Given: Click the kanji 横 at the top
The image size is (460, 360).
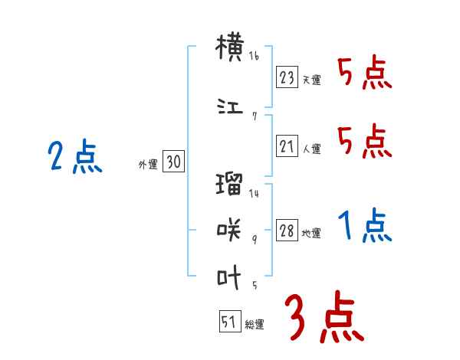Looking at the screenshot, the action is point(229,48).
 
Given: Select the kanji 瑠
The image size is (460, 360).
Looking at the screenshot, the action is point(229,185).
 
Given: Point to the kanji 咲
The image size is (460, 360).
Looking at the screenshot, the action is point(229,227).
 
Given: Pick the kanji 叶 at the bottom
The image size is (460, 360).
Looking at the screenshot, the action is point(229,277).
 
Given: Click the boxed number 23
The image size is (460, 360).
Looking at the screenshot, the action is point(287,77).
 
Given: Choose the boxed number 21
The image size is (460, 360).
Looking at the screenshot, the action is point(287,147).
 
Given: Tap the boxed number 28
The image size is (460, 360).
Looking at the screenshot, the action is point(287,231).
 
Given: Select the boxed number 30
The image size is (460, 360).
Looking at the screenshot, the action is point(173,162).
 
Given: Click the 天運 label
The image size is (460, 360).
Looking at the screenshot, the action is point(311,80).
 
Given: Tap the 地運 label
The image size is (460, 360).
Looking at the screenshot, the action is point(311,234).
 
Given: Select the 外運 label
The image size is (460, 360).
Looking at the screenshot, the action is point(148,164).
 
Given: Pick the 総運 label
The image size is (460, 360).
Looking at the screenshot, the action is point(254,325).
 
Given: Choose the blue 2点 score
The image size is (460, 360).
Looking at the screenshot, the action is point(74,159).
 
